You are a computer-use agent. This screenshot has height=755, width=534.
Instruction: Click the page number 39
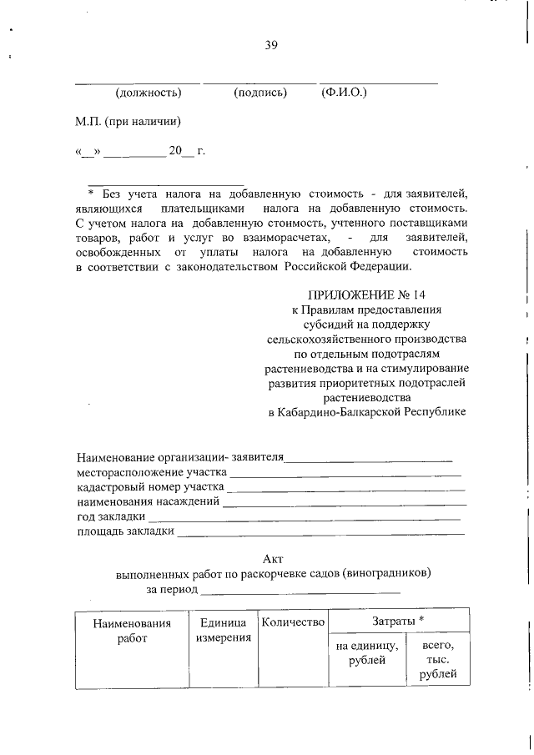pos(271,45)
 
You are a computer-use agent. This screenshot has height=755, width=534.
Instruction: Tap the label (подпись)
pos(260,92)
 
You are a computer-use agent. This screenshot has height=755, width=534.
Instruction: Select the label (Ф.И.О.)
pos(344,92)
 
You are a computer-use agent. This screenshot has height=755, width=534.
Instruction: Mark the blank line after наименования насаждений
pos(344,504)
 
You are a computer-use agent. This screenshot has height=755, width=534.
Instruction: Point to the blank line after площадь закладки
pos(320,533)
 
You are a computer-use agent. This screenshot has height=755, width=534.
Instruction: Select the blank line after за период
pos(300,591)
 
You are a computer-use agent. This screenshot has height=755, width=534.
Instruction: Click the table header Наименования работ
pos(132,631)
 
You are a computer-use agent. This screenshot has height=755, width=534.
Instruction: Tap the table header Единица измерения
pos(224,631)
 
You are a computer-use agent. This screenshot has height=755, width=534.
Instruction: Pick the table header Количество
pos(292,622)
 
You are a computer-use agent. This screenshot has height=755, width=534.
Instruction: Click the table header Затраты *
pos(398,622)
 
